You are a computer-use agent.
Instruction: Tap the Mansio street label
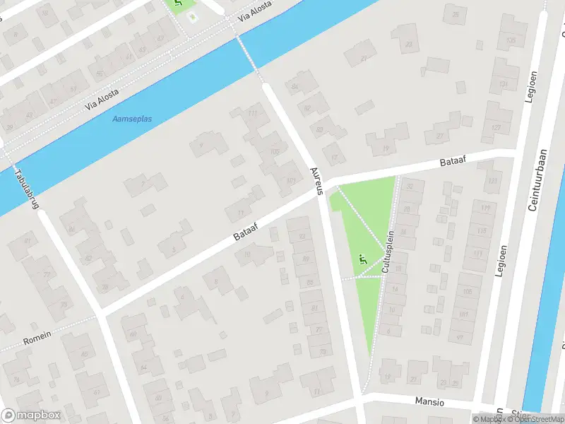(429, 402)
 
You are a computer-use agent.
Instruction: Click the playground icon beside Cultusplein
(363, 260)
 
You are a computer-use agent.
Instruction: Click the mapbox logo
(31, 416)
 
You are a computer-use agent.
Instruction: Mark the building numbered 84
(295, 87)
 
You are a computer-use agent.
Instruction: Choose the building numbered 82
(308, 108)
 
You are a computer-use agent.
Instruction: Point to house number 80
(320, 129)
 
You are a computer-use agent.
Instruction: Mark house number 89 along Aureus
(305, 259)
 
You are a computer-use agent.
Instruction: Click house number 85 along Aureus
(309, 283)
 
